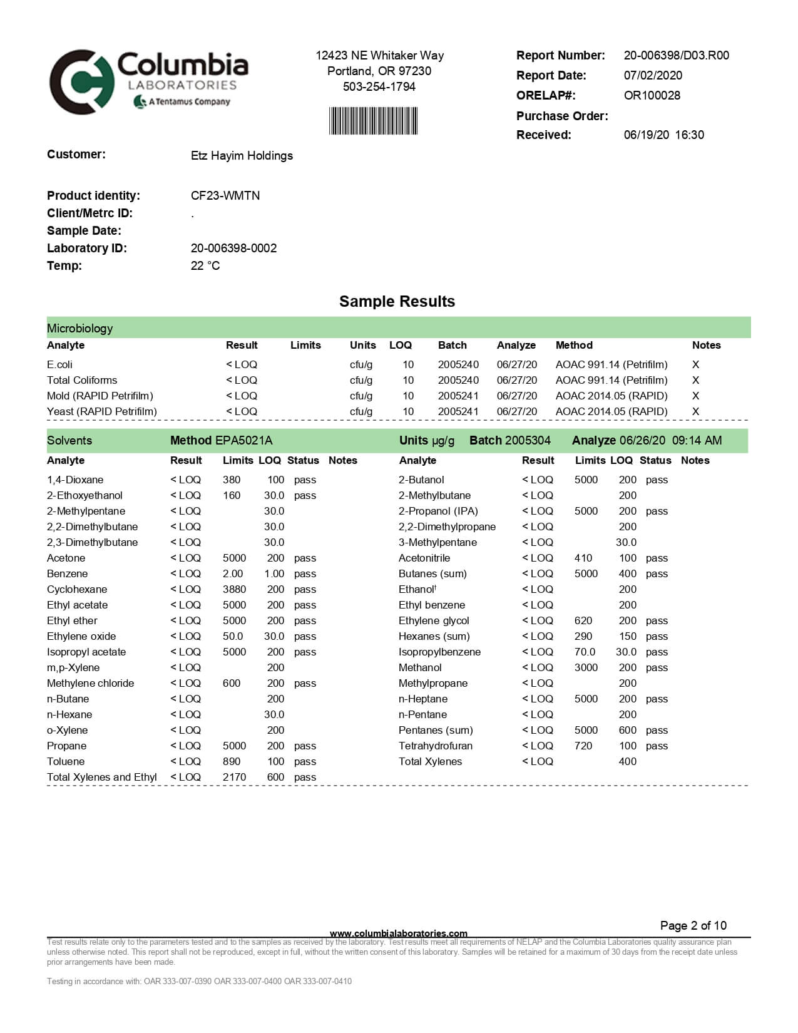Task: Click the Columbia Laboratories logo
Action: [x=149, y=81]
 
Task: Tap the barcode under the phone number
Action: [x=373, y=121]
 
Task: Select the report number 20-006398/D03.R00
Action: [x=676, y=55]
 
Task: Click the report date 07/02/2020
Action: [x=653, y=75]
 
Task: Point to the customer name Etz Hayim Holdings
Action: [x=242, y=155]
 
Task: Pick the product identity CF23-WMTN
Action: [x=225, y=195]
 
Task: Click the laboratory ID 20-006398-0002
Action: [x=233, y=248]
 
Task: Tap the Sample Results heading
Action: [x=397, y=301]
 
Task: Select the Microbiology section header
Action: [x=80, y=328]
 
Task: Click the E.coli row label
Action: [x=59, y=364]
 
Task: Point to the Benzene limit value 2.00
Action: [x=233, y=573]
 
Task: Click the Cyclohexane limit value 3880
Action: [x=234, y=589]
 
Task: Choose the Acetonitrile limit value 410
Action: [x=583, y=558]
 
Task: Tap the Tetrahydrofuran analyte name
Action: [x=436, y=746]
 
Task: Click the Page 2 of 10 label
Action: [x=693, y=925]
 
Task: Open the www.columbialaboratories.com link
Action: [x=398, y=933]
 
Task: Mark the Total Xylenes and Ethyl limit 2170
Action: [x=234, y=777]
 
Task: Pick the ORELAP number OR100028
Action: [x=652, y=95]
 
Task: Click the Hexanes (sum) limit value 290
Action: [x=583, y=636]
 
